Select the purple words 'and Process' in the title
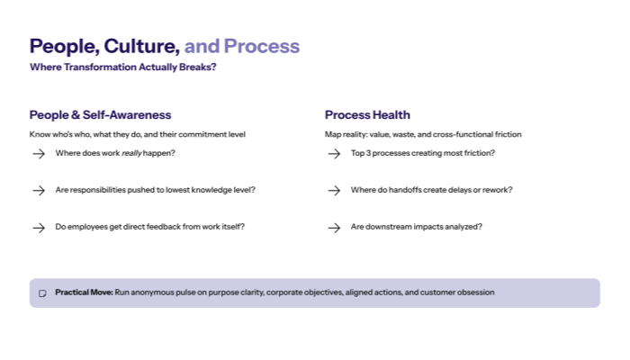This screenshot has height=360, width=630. point(241,47)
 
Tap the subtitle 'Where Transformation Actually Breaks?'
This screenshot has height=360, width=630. point(122,67)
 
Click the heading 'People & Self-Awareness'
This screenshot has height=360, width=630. point(100,115)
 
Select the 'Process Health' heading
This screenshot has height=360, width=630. point(367,115)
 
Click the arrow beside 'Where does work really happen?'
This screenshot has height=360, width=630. point(39,154)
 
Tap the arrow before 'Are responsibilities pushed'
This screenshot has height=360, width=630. point(39,191)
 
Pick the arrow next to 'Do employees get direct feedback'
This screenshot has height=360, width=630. point(39,228)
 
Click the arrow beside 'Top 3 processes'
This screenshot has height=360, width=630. point(334,154)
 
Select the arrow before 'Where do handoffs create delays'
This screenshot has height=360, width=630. point(334,191)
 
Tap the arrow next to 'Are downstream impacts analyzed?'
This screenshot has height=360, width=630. point(334,228)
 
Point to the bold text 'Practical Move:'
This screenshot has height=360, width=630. point(84,292)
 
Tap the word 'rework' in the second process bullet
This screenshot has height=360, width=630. point(499,190)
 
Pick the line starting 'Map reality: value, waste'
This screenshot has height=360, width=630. point(423,134)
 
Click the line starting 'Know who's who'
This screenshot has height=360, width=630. point(137,134)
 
